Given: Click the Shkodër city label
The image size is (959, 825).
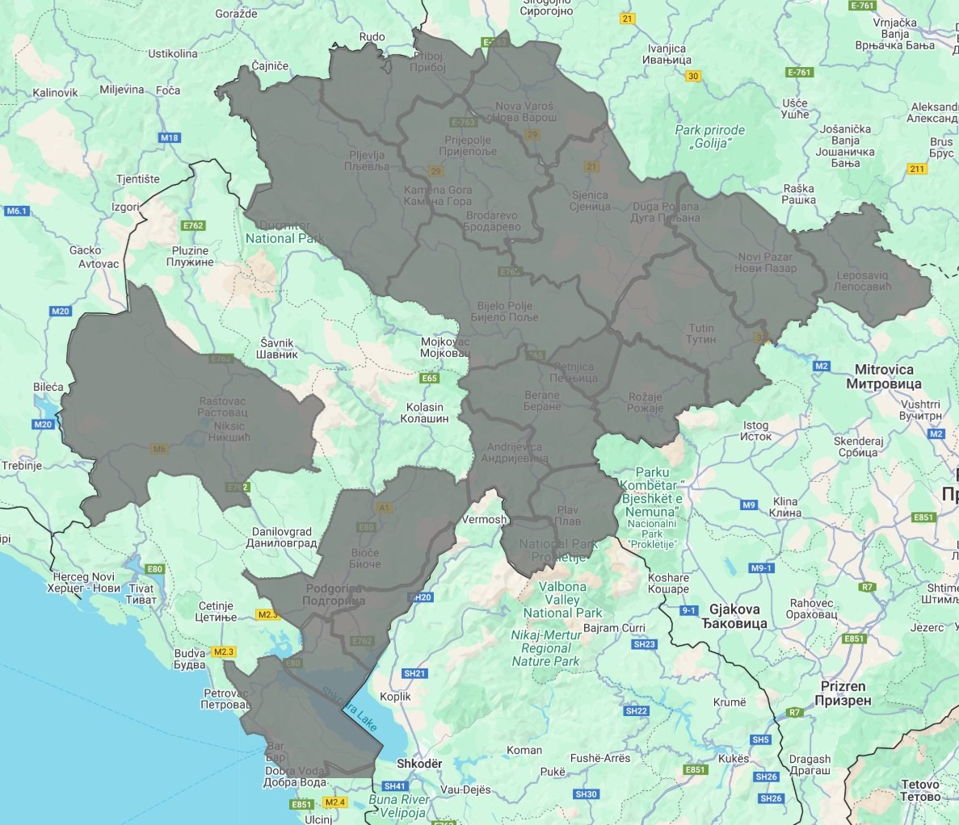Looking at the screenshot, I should pos(419,764).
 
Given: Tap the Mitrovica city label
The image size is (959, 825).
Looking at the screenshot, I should pos(884,376).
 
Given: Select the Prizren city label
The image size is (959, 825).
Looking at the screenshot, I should pos(843,693).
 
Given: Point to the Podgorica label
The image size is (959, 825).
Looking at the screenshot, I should pos(334,595).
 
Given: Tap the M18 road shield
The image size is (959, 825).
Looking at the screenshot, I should pos(170,138).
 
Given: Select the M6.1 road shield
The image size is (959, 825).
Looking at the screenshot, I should pos(16,211).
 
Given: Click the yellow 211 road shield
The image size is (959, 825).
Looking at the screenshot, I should pos(917,169).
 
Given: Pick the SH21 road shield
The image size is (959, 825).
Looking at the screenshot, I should pos(414,673).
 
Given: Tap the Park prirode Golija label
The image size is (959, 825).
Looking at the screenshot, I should pos(710,136).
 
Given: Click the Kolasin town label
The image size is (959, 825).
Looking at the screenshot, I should pos(424,413).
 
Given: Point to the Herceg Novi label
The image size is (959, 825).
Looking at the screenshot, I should pos(84,582).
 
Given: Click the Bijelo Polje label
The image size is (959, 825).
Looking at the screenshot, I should pos(505,312).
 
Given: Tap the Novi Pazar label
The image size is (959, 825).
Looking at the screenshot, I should pos(765,262).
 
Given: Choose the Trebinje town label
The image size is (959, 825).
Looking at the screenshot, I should pos(21,466).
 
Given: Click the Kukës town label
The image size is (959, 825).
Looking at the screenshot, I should pos(734,759).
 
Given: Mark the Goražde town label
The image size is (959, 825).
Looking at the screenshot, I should pos(237,14).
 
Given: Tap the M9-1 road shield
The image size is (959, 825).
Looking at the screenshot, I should pos(762,568).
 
